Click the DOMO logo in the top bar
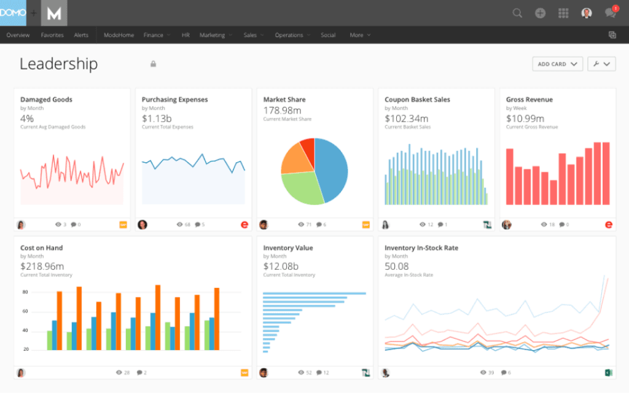13,12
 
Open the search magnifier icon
517,13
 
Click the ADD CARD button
557,64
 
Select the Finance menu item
154,35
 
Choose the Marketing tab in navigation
212,35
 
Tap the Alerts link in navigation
81,35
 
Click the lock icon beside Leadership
153,64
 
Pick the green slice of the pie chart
301,187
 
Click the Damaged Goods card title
46,99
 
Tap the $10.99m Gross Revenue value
525,119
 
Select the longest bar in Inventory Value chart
314,294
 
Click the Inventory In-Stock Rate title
421,248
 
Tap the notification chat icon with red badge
610,13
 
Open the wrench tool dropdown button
601,64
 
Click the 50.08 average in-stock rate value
397,267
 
